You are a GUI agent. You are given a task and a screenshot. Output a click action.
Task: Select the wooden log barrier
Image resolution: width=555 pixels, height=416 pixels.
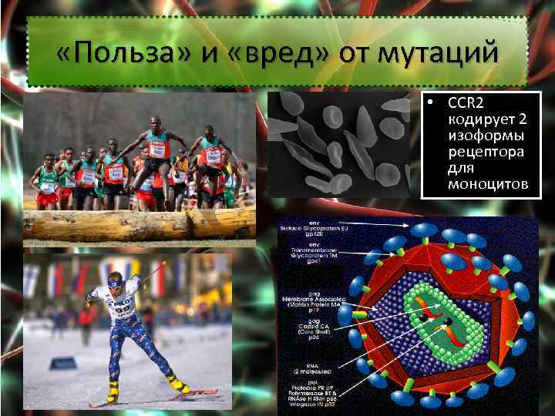tap(139, 223)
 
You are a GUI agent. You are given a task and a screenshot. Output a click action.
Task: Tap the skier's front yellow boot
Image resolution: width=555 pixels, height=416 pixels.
tap(177, 381)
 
